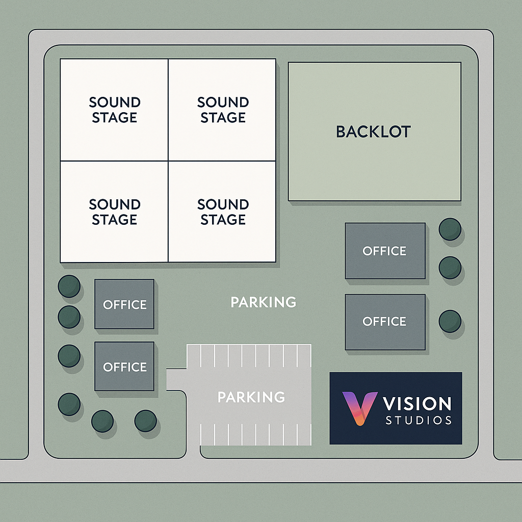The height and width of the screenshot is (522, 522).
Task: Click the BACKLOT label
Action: point(373,132)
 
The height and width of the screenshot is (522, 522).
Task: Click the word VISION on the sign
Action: point(417,404)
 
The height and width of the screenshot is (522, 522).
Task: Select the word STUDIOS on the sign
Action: point(419,421)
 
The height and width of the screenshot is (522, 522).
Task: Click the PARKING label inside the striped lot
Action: point(251,397)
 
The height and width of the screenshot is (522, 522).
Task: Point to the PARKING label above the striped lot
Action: point(263,302)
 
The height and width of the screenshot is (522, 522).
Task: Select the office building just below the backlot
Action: point(385,251)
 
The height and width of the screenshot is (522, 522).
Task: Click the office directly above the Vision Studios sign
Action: point(385,322)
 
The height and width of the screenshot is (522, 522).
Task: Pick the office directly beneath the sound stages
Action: point(124,304)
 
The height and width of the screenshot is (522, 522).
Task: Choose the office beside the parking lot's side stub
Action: point(124,367)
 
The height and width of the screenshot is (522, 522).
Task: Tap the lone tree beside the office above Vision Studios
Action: point(450,321)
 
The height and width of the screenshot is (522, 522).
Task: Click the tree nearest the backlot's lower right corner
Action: point(450,229)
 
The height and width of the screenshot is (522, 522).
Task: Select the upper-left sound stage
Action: point(114,110)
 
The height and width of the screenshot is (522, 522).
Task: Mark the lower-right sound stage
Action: point(222,212)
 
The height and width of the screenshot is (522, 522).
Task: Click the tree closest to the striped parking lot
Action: point(145,421)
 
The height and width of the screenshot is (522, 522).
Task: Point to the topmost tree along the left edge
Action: point(69,286)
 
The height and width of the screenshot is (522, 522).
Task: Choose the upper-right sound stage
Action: point(222,110)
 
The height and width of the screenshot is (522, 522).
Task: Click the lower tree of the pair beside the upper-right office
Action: point(450,267)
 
